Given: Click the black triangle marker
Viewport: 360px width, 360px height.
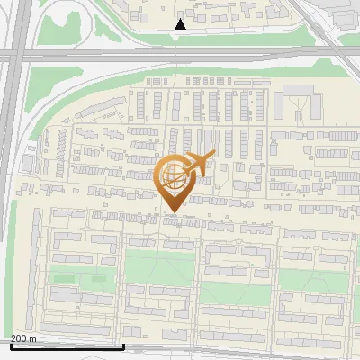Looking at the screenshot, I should [x=181, y=24].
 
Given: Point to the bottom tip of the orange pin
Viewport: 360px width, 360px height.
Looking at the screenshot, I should [x=172, y=212].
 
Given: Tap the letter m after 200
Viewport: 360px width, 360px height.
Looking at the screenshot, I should [x=34, y=338].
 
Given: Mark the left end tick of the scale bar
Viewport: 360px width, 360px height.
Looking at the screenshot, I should [x=11, y=346].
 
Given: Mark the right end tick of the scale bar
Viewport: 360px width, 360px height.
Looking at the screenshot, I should [x=123, y=346].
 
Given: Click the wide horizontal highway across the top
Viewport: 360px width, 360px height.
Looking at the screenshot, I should [x=180, y=56].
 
